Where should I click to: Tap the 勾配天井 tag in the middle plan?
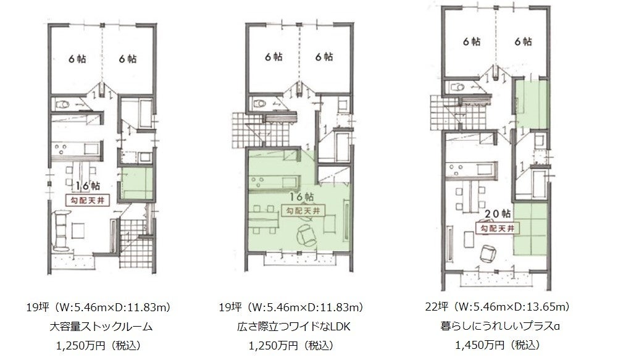(x=301, y=211)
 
